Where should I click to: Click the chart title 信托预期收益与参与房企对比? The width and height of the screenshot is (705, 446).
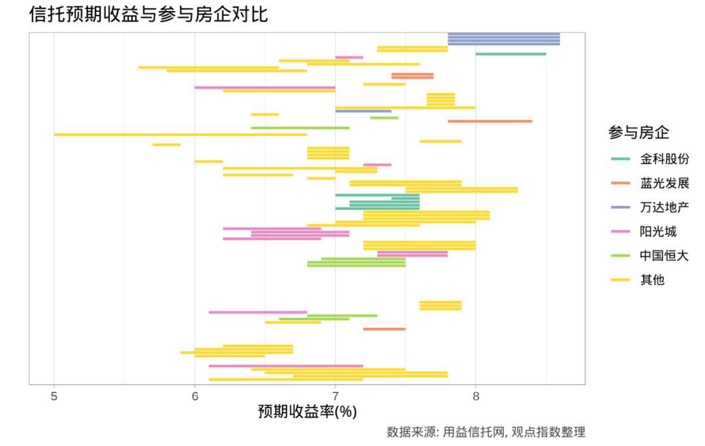[x=148, y=14]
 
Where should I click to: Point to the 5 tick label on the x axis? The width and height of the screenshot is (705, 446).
[x=54, y=395]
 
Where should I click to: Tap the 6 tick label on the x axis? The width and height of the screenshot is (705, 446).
[x=195, y=395]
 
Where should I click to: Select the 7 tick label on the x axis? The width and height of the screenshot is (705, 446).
[x=335, y=395]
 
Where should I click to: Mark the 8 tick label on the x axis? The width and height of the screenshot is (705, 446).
[x=476, y=395]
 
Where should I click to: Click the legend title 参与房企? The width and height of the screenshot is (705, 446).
[x=638, y=133]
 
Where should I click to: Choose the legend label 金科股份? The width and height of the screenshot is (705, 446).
[x=665, y=159]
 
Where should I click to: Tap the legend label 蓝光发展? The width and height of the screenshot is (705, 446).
[x=665, y=183]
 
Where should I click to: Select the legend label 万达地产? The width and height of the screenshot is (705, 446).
[x=665, y=207]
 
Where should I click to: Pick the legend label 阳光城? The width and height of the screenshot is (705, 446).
[x=658, y=231]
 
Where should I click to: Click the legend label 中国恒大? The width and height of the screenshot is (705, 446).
[x=665, y=255]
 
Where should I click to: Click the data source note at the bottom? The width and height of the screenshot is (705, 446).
[x=486, y=432]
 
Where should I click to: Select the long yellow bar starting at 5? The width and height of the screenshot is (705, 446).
[x=180, y=135]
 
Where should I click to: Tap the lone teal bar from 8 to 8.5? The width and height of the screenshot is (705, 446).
[x=510, y=54]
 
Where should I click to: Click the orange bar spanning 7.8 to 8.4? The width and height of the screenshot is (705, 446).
[x=490, y=121]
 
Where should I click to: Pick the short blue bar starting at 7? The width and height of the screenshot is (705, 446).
[x=363, y=111]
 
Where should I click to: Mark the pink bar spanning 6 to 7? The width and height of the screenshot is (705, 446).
[x=264, y=88]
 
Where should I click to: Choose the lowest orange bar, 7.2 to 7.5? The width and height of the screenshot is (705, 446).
[x=384, y=329]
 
